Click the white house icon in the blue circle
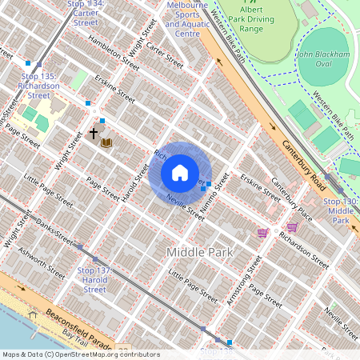(x=180, y=173)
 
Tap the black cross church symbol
(x=94, y=133)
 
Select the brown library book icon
(x=106, y=143)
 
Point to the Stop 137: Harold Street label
(x=94, y=280)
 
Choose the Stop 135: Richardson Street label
(x=39, y=85)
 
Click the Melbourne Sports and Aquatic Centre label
(x=182, y=19)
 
